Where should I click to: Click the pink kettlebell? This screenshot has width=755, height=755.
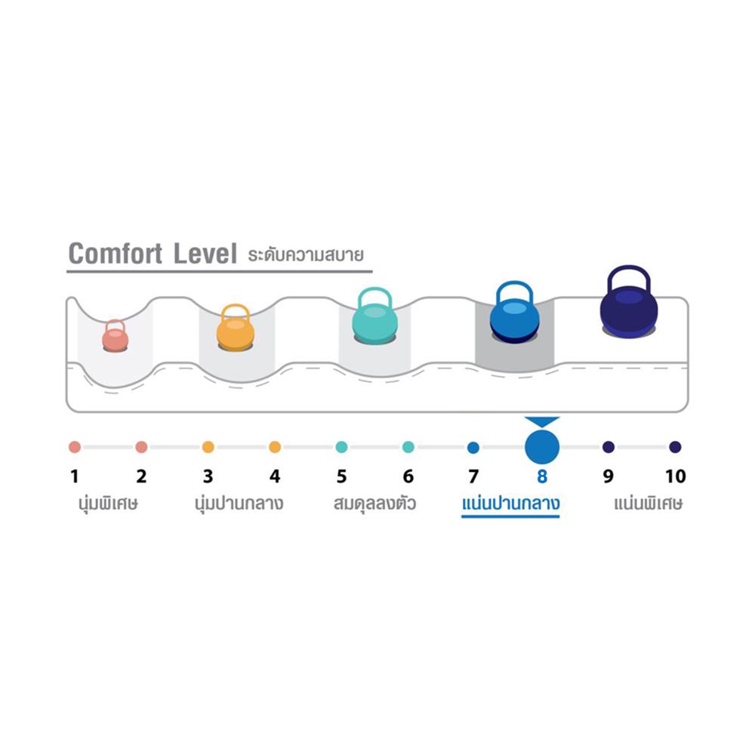pos(115,337)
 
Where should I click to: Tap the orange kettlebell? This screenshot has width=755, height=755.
pos(236,329)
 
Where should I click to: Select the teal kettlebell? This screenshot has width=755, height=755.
pos(374,320)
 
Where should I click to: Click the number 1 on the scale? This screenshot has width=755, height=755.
pos(74,476)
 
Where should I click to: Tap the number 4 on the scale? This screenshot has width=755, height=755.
pos(275,476)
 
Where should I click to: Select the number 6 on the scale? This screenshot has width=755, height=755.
pos(408,476)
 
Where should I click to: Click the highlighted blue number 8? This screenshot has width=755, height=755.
pos(542,476)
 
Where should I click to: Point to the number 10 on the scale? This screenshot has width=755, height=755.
pos(676,476)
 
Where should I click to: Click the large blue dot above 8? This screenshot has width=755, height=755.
pos(543,447)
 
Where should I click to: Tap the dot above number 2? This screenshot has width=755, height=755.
pos(141,447)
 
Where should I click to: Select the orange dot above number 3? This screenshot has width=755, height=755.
pos(208,447)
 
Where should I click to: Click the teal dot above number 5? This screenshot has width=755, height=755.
pos(342,447)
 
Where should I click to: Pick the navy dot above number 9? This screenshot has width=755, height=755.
pos(609,447)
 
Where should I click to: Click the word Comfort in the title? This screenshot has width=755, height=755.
pos(116,254)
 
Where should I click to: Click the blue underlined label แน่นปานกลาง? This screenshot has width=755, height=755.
pos(510,503)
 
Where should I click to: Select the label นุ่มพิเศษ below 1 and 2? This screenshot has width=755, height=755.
pos(106,503)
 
